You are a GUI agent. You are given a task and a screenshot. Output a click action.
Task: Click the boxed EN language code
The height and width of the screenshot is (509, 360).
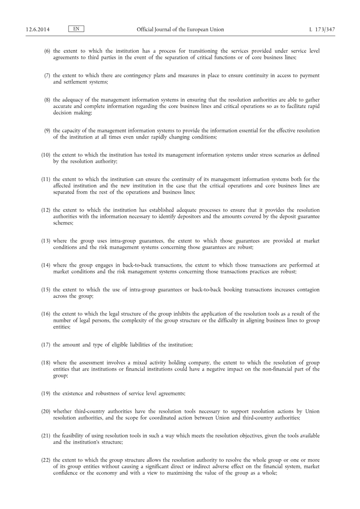coord(76,29)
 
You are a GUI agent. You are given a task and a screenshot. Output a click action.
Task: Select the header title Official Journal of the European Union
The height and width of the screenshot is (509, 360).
coord(180,30)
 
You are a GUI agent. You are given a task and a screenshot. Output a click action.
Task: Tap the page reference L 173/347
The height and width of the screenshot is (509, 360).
coord(323,30)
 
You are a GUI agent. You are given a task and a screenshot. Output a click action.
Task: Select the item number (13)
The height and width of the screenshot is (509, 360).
coord(46,241)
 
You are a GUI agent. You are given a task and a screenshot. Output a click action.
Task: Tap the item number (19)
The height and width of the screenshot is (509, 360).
coord(46,393)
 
